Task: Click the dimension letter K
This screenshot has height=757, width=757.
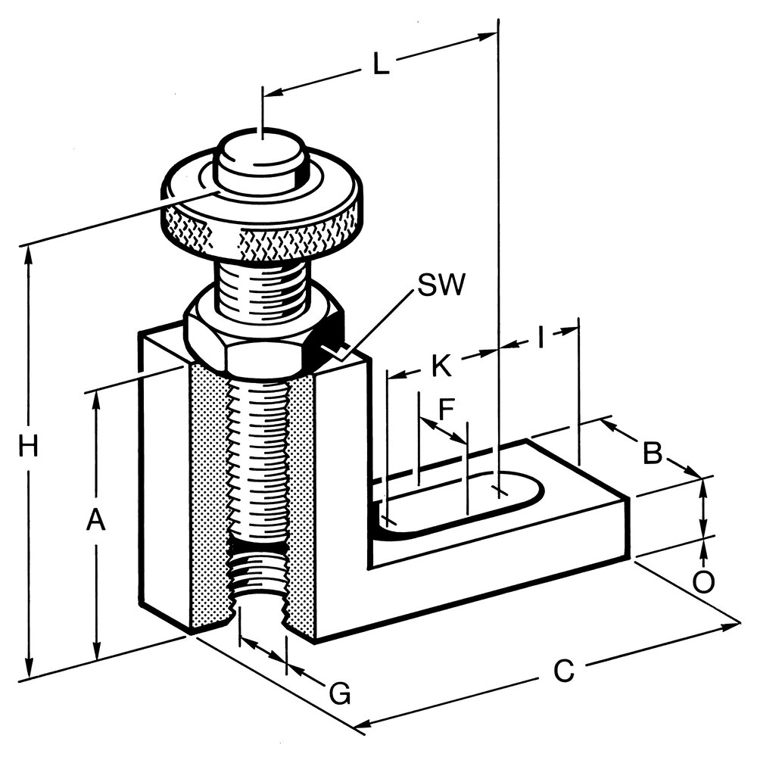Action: [441, 365]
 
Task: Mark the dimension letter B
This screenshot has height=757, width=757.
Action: [653, 453]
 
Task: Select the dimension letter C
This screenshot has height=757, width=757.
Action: [563, 671]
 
